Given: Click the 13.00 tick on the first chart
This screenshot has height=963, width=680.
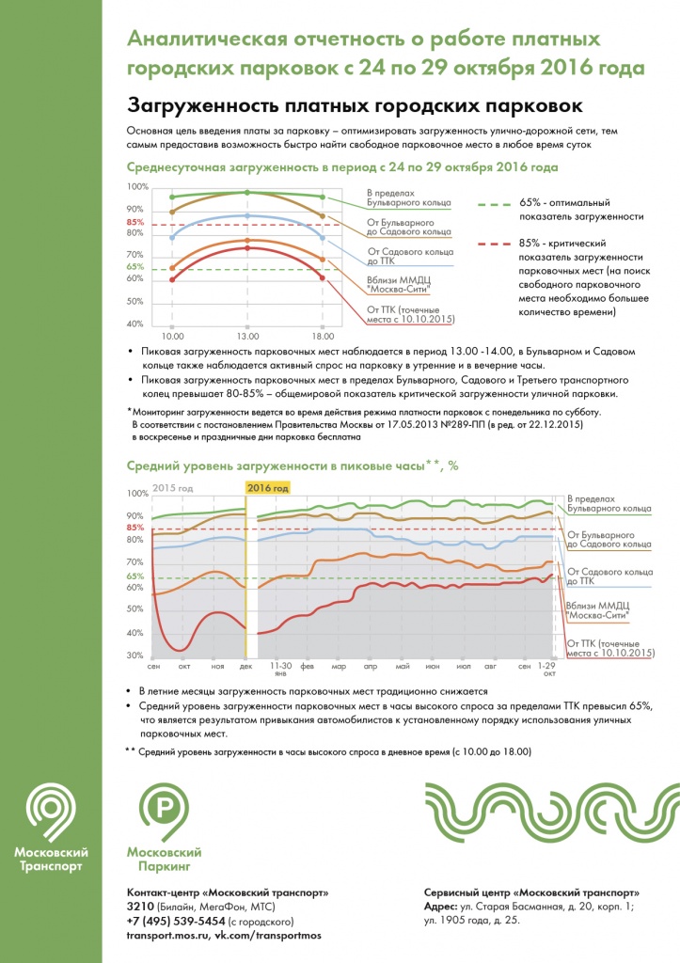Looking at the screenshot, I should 246,335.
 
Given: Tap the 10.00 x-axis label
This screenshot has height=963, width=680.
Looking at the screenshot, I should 172,335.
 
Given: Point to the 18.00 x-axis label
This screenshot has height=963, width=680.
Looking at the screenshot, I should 321,335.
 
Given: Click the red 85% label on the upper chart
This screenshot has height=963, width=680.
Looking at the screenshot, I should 134,222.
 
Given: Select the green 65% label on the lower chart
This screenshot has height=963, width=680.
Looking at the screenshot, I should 134,576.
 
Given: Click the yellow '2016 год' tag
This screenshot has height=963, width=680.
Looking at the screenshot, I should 267,487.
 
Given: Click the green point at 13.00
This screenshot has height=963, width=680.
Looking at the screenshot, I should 246,192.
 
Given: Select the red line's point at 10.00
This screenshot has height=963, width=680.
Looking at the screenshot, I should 172,279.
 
